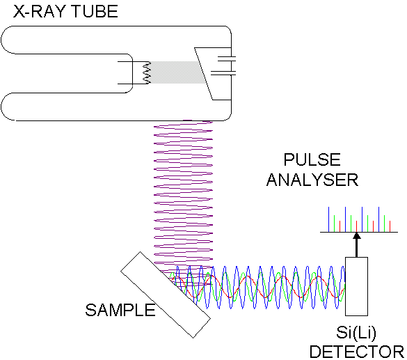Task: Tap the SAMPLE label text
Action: click(x=120, y=311)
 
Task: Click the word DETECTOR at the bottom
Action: click(x=356, y=352)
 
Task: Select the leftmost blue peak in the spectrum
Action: click(x=330, y=219)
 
